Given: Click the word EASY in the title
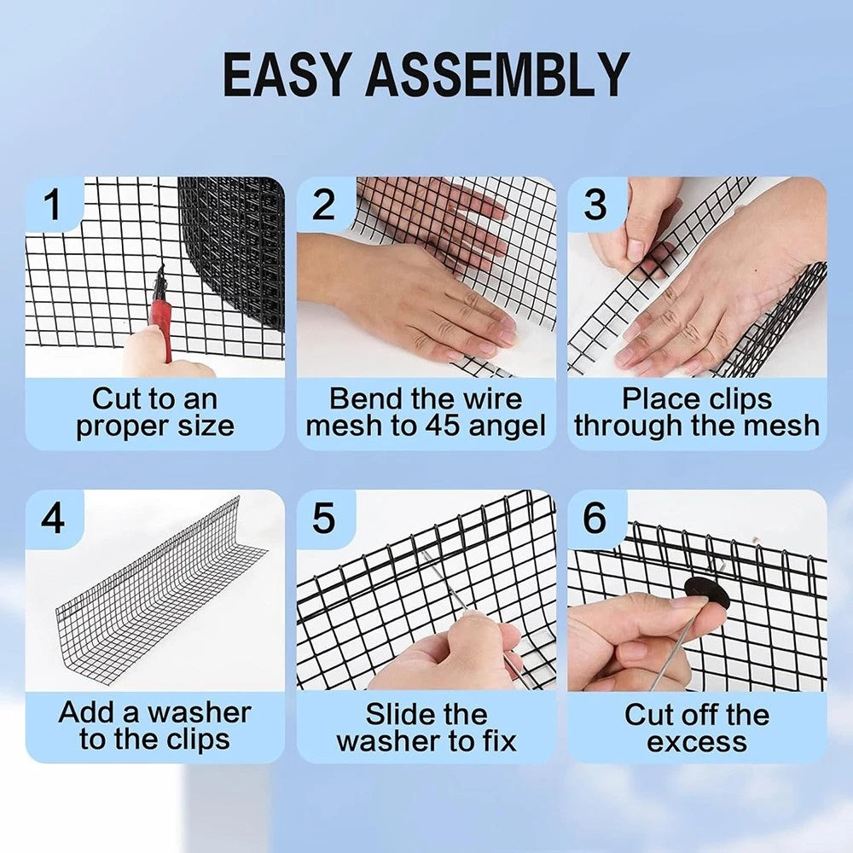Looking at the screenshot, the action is (x=285, y=74).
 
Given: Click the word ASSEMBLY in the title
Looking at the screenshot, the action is (x=498, y=74).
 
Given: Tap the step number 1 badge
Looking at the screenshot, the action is (x=52, y=205).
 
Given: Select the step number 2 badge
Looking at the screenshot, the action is (x=324, y=205).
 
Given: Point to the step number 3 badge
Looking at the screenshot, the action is (x=595, y=205).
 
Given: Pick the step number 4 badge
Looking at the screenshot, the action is (x=52, y=518).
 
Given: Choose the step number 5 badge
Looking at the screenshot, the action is (x=324, y=518).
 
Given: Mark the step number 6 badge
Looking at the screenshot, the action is (x=595, y=518).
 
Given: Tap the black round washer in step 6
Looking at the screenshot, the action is (x=706, y=593).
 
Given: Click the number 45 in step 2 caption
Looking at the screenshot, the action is (x=443, y=426).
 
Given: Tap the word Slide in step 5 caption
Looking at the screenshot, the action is (x=398, y=714).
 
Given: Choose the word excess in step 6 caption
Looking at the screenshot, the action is (x=697, y=742).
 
